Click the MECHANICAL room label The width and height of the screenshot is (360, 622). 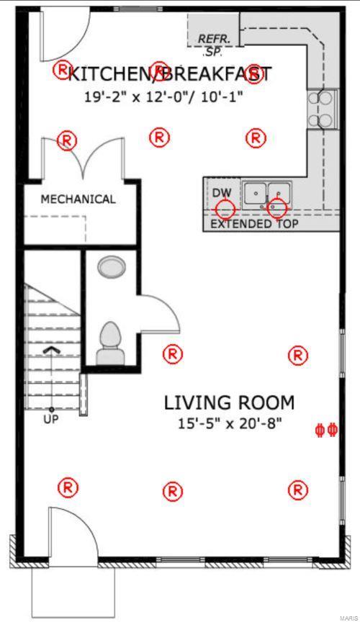[x=78, y=199]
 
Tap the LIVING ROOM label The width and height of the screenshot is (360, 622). [x=230, y=403]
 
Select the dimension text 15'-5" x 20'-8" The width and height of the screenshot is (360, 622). [x=230, y=423]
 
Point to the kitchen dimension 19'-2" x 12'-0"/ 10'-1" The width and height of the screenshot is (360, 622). [x=163, y=96]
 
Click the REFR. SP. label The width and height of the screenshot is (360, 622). [x=212, y=45]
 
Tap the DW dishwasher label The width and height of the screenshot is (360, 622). [x=222, y=193]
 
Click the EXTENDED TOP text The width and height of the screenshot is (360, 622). [x=254, y=224]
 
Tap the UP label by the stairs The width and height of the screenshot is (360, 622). [x=51, y=419]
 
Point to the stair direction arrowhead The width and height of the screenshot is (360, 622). [x=52, y=349]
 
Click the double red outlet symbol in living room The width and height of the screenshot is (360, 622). [x=326, y=430]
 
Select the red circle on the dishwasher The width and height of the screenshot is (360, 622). [x=225, y=209]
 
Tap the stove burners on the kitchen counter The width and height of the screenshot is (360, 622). [x=320, y=109]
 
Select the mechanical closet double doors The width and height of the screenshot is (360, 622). [x=83, y=158]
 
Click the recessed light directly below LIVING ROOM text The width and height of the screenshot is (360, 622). [x=172, y=491]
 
